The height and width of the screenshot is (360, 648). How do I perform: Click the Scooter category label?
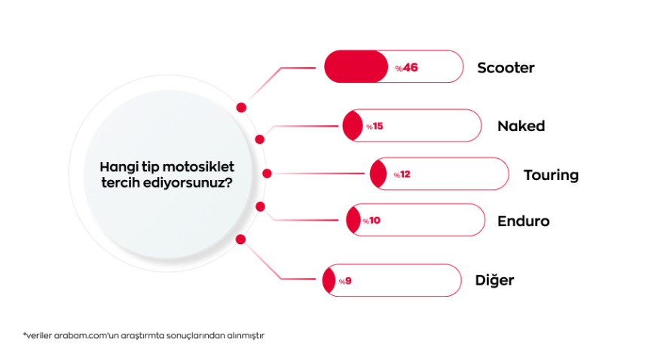tap(506, 68)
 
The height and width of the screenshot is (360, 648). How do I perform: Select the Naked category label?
tap(521, 126)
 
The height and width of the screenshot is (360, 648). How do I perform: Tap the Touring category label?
tap(551, 175)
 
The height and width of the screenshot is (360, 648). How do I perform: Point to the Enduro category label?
tap(523, 221)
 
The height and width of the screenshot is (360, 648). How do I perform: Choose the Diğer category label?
tap(495, 280)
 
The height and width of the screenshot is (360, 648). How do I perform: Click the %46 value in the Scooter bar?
tap(406, 68)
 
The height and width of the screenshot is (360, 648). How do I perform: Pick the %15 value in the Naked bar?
tap(374, 127)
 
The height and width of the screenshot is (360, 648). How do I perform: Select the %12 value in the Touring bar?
tap(402, 175)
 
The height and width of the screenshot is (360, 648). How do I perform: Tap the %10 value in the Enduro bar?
tap(371, 221)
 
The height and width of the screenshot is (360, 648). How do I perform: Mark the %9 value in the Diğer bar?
tap(345, 281)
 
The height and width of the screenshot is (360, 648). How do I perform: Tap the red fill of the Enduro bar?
tap(353, 221)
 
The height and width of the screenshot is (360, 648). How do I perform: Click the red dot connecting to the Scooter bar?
tap(241, 108)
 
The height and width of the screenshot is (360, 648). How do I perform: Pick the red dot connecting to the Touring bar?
tap(267, 173)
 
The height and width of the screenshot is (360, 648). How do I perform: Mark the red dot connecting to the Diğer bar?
tap(241, 239)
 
